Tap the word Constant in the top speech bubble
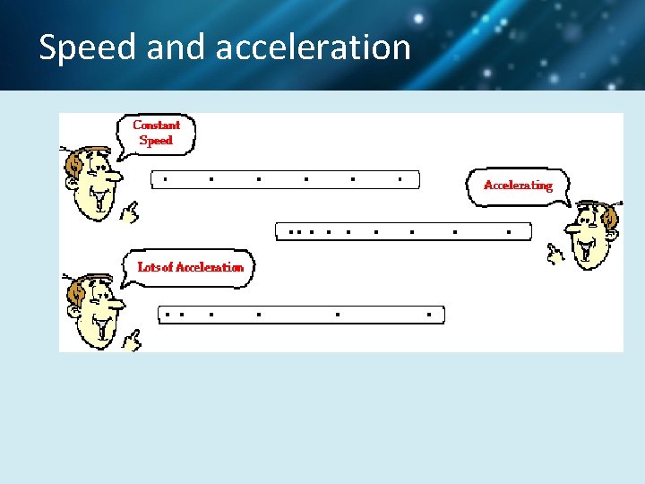point(157,125)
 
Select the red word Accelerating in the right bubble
point(518,186)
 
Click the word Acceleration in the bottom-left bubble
point(210,267)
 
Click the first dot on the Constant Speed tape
point(164,179)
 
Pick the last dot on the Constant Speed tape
point(400,179)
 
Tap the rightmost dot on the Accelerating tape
point(509,231)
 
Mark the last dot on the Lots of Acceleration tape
point(429,315)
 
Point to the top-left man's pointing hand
point(132,212)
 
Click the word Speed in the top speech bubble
point(156,141)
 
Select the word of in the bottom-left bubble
point(168,267)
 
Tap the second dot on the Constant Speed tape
point(211,179)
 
